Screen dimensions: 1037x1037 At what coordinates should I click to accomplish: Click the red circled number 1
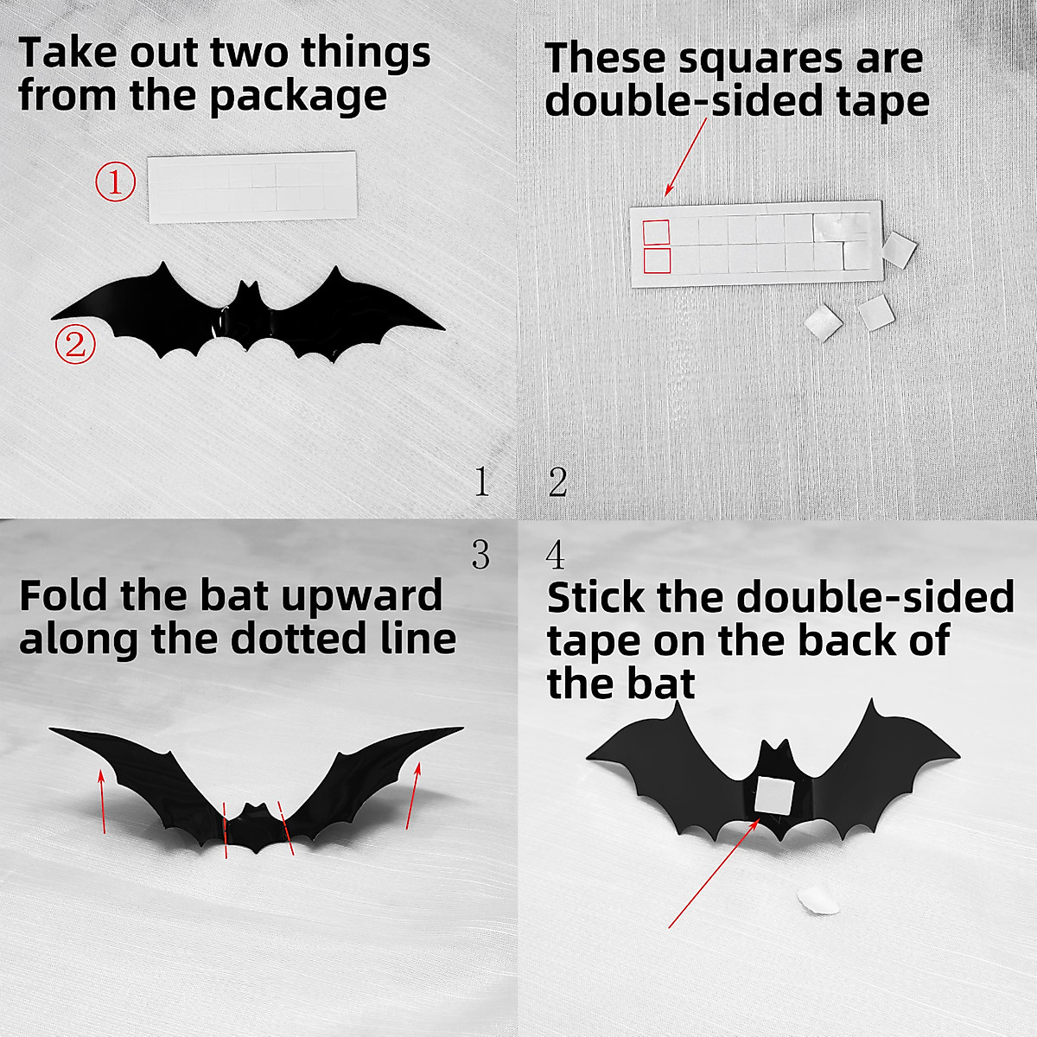pos(115,182)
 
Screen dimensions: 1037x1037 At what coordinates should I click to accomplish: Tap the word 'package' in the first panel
pos(298,96)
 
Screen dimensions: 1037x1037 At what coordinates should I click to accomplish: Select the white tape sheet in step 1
pos(252,188)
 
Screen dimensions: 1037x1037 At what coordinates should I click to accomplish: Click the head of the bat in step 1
pos(248,298)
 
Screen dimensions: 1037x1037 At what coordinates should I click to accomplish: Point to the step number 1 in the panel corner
pos(481,481)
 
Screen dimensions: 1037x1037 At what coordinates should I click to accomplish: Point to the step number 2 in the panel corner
pos(557,481)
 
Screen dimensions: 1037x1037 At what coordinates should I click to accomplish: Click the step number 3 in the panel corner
pos(480,555)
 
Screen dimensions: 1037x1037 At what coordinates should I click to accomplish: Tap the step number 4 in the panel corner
pos(556,555)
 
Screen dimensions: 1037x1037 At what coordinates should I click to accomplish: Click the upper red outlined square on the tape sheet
pos(657,232)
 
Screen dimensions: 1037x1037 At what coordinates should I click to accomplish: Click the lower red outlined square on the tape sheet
pos(657,261)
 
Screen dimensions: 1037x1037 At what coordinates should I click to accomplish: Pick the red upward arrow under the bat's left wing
pos(103,802)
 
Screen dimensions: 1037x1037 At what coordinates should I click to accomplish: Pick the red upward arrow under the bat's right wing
pos(414,795)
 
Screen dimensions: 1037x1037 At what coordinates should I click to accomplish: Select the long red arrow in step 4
pos(713,873)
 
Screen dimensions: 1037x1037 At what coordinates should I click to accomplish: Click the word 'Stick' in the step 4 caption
pos(596,598)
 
